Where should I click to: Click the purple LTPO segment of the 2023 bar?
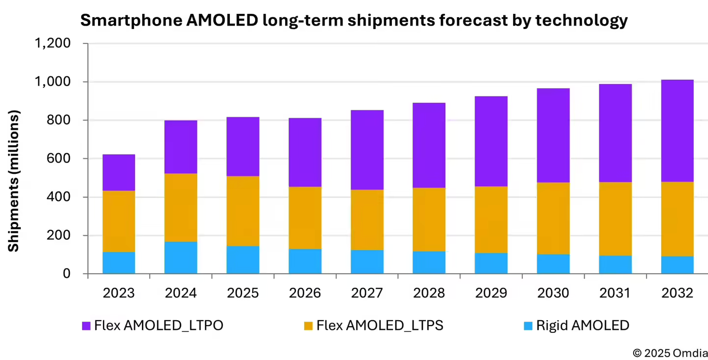pos(119,172)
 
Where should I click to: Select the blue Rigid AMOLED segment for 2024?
pos(181,257)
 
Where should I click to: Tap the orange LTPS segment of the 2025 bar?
pos(243,211)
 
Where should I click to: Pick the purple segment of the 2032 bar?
pos(677,131)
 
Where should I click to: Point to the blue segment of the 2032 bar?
pos(677,264)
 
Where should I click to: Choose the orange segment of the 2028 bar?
pos(429,219)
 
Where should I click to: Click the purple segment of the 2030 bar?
pos(553,135)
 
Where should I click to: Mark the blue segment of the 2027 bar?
pos(367,262)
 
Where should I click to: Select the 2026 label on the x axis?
pos(305,293)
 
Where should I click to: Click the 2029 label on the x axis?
pos(491,293)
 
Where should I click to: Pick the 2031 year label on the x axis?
pos(615,293)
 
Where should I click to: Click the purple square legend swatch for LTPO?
pos(86,326)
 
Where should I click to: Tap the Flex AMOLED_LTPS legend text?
pos(380,326)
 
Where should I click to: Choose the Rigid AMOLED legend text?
pos(582,326)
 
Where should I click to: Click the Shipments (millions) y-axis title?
pos(14,181)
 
